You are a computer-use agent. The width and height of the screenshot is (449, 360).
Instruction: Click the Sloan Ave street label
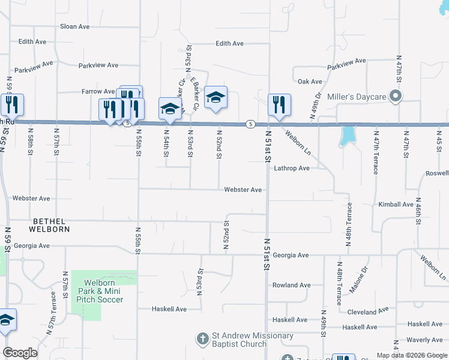tap(74, 26)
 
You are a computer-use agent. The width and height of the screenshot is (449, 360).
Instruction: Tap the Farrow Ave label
tap(98, 92)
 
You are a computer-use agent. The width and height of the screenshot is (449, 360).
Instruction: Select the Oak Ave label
tap(310, 82)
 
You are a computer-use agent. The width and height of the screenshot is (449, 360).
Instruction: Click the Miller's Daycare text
tap(356, 97)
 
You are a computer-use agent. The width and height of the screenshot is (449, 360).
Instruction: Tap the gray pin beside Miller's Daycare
tap(395, 96)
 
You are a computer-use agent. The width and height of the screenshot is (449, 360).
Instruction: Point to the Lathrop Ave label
tap(292, 169)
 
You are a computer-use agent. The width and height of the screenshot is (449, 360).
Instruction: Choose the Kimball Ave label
tap(396, 205)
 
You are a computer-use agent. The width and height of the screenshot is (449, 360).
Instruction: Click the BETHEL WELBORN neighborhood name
tap(51, 225)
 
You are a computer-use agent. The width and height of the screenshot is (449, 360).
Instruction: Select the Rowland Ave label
tap(291, 285)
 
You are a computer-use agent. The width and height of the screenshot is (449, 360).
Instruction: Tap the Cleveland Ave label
tap(369, 312)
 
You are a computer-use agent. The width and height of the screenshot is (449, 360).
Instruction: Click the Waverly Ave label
tap(424, 340)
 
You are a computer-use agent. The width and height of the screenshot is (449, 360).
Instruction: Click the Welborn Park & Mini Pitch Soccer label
tap(104, 291)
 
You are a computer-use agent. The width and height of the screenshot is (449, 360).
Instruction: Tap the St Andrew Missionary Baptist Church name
tap(239, 340)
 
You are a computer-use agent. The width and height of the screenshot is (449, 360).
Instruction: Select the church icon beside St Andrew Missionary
tap(203, 339)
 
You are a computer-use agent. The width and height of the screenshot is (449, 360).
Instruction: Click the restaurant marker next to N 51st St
tap(279, 105)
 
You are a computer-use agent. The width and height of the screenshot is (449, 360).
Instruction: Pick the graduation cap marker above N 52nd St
tap(215, 97)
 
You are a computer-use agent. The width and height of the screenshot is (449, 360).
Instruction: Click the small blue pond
tap(347, 136)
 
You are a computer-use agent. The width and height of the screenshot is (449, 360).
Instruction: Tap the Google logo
tap(20, 353)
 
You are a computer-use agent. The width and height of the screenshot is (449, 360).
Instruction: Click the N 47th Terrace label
tap(376, 152)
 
